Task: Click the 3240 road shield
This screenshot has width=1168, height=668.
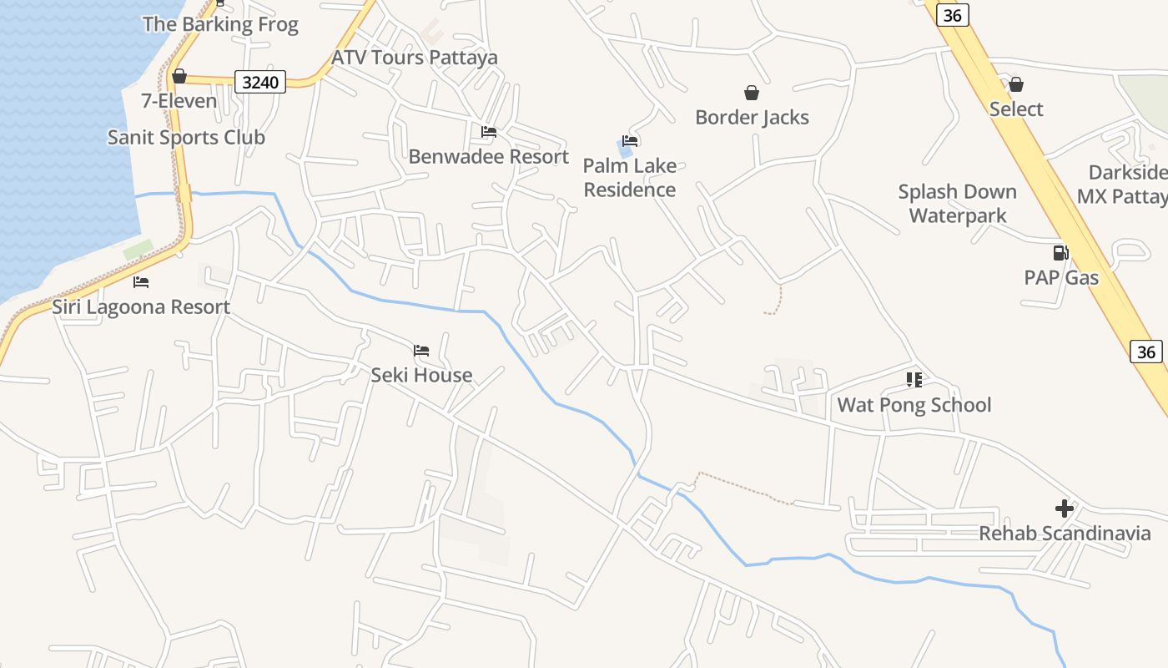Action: [x=260, y=82]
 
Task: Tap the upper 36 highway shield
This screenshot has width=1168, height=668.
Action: [x=952, y=15]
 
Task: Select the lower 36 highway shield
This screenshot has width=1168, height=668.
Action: [x=1146, y=352]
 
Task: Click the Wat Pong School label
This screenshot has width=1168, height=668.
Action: [x=914, y=405]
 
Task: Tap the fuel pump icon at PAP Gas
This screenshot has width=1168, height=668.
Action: [x=1060, y=253]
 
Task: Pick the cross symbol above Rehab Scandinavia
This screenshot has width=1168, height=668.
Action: [x=1064, y=508]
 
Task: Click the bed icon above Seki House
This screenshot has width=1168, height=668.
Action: [x=421, y=351]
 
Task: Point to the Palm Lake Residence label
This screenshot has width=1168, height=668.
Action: [x=629, y=178]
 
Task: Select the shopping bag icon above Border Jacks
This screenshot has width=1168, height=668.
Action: [x=751, y=93]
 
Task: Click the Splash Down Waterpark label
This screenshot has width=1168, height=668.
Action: [x=957, y=204]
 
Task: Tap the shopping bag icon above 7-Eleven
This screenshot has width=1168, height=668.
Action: [x=179, y=77]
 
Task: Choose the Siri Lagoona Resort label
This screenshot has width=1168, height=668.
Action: [x=141, y=306]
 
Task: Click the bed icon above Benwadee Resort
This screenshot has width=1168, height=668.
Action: [x=489, y=132]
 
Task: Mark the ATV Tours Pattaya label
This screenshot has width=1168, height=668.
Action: [x=415, y=58]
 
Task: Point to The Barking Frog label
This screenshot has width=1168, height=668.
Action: [x=219, y=24]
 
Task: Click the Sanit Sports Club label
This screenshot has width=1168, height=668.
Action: [x=186, y=137]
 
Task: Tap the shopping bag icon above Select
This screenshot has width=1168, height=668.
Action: [x=1015, y=84]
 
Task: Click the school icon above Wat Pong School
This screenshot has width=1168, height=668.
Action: [x=914, y=380]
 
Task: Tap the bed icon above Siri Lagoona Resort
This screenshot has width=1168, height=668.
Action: [x=141, y=282]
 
